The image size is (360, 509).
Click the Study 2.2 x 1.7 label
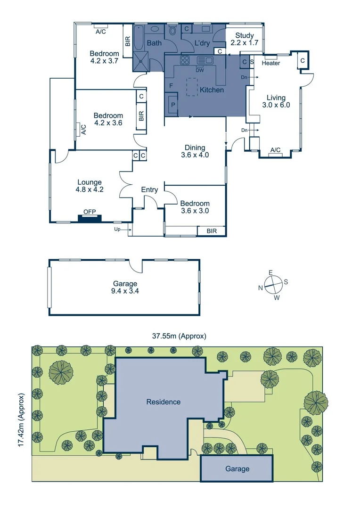[x=242, y=39]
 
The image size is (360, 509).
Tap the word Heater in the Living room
[x=270, y=63]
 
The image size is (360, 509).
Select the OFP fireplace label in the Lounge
[x=90, y=212]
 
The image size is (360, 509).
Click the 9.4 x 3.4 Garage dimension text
[x=125, y=291]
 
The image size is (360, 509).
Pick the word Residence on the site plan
[x=163, y=402]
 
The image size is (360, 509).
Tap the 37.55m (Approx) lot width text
[x=179, y=336]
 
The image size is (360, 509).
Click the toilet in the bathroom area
[x=172, y=32]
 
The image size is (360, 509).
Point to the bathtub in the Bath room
[x=140, y=39]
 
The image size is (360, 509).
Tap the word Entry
[x=149, y=189]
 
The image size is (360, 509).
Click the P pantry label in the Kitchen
[x=172, y=105]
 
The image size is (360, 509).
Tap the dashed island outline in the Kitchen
[x=192, y=87]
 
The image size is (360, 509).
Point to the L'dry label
[x=202, y=43]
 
